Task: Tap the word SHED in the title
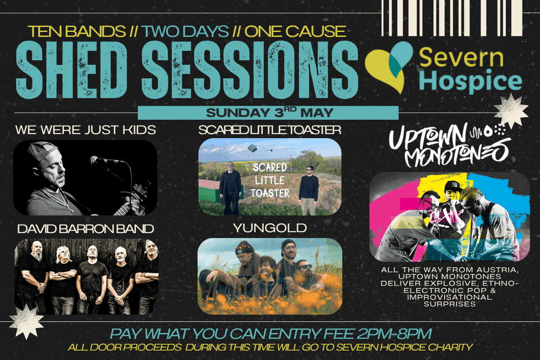click(x=72, y=70)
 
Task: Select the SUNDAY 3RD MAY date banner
click(x=268, y=113)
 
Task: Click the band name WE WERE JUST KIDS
click(x=85, y=130)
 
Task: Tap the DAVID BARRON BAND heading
click(x=85, y=229)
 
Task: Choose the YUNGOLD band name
click(x=270, y=228)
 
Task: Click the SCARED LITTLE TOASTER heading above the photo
click(x=270, y=130)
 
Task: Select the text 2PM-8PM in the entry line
click(x=394, y=334)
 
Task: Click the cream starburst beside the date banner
click(x=511, y=112)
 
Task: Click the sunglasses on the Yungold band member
click(x=305, y=267)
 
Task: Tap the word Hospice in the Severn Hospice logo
click(x=471, y=81)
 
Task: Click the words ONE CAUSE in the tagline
click(x=295, y=31)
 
